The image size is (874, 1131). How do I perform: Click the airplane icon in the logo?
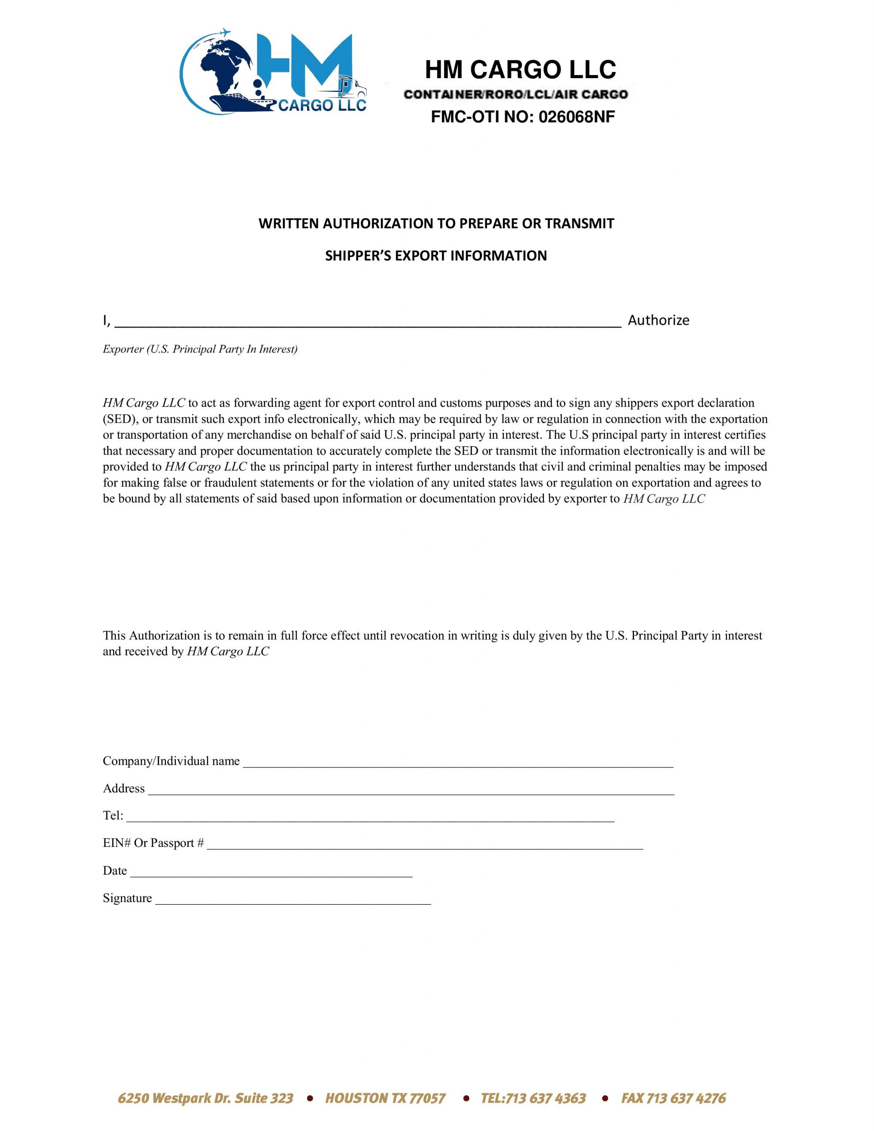tap(224, 33)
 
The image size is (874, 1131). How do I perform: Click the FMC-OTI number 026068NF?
tap(577, 118)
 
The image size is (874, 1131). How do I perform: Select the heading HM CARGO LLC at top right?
tap(520, 70)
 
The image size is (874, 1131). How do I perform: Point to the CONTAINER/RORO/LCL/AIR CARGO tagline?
tap(516, 94)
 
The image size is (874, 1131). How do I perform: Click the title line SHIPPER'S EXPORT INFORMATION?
tap(436, 256)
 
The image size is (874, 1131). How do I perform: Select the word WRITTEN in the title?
tap(289, 224)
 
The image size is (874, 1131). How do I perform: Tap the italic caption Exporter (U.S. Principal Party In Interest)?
tap(200, 349)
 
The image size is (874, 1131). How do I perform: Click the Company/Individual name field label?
tap(171, 761)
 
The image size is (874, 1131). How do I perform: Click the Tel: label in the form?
tap(113, 816)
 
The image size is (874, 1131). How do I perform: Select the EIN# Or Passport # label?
tap(153, 843)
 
